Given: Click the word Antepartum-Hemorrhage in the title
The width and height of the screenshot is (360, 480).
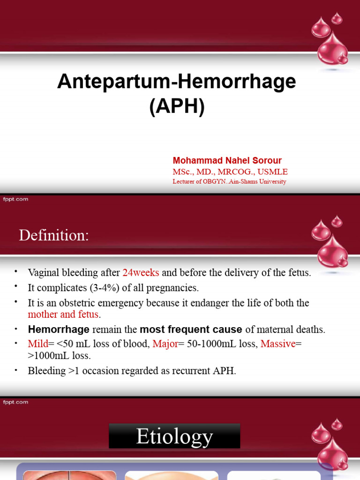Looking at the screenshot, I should tap(176, 82).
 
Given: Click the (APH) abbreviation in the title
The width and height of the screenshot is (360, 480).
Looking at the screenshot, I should tap(177, 107).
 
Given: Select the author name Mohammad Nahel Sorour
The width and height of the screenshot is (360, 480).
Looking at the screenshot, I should tap(227, 161).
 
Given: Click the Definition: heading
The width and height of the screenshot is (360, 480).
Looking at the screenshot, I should tap(53, 235).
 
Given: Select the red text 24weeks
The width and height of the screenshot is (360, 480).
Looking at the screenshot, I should tap(141, 272).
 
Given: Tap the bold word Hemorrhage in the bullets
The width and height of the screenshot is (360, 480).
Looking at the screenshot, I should tap(59, 330).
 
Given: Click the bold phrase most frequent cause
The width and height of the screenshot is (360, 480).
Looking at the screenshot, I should tap(191, 330).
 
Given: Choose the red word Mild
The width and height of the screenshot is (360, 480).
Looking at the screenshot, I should tap(37, 344).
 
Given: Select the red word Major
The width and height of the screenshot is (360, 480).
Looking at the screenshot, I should tap(165, 344).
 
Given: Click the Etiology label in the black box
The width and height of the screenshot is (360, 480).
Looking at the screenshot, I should tap(174, 436).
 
